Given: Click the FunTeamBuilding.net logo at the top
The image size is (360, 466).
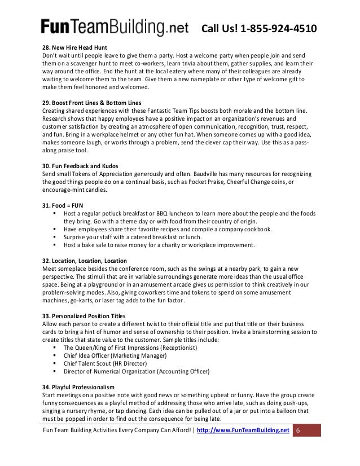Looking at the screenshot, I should [x=113, y=27].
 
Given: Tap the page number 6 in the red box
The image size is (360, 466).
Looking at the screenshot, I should [x=298, y=430].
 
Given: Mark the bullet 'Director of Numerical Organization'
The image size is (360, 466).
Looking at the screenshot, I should [x=136, y=371].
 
